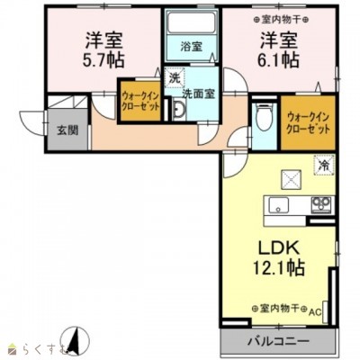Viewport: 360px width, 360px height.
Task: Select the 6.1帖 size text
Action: pyautogui.click(x=279, y=60)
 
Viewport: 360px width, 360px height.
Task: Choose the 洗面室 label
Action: pyautogui.click(x=196, y=94)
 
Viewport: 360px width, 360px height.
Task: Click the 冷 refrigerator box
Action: pyautogui.click(x=321, y=165)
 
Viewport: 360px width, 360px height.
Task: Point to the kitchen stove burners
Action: pyautogui.click(x=321, y=204)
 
